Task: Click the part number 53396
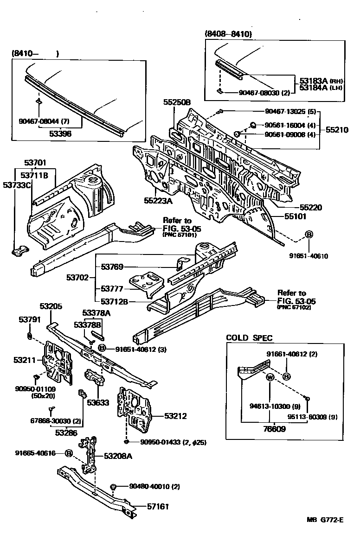tap(60, 133)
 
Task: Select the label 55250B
tap(177, 102)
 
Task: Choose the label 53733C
tap(17, 185)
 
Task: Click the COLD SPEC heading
tap(249, 337)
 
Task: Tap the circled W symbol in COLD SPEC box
tap(269, 378)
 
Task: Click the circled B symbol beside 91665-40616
tap(68, 453)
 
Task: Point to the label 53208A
tap(118, 456)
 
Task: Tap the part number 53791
tap(30, 319)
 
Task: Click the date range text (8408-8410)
tap(227, 33)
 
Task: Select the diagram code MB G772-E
tap(325, 520)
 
